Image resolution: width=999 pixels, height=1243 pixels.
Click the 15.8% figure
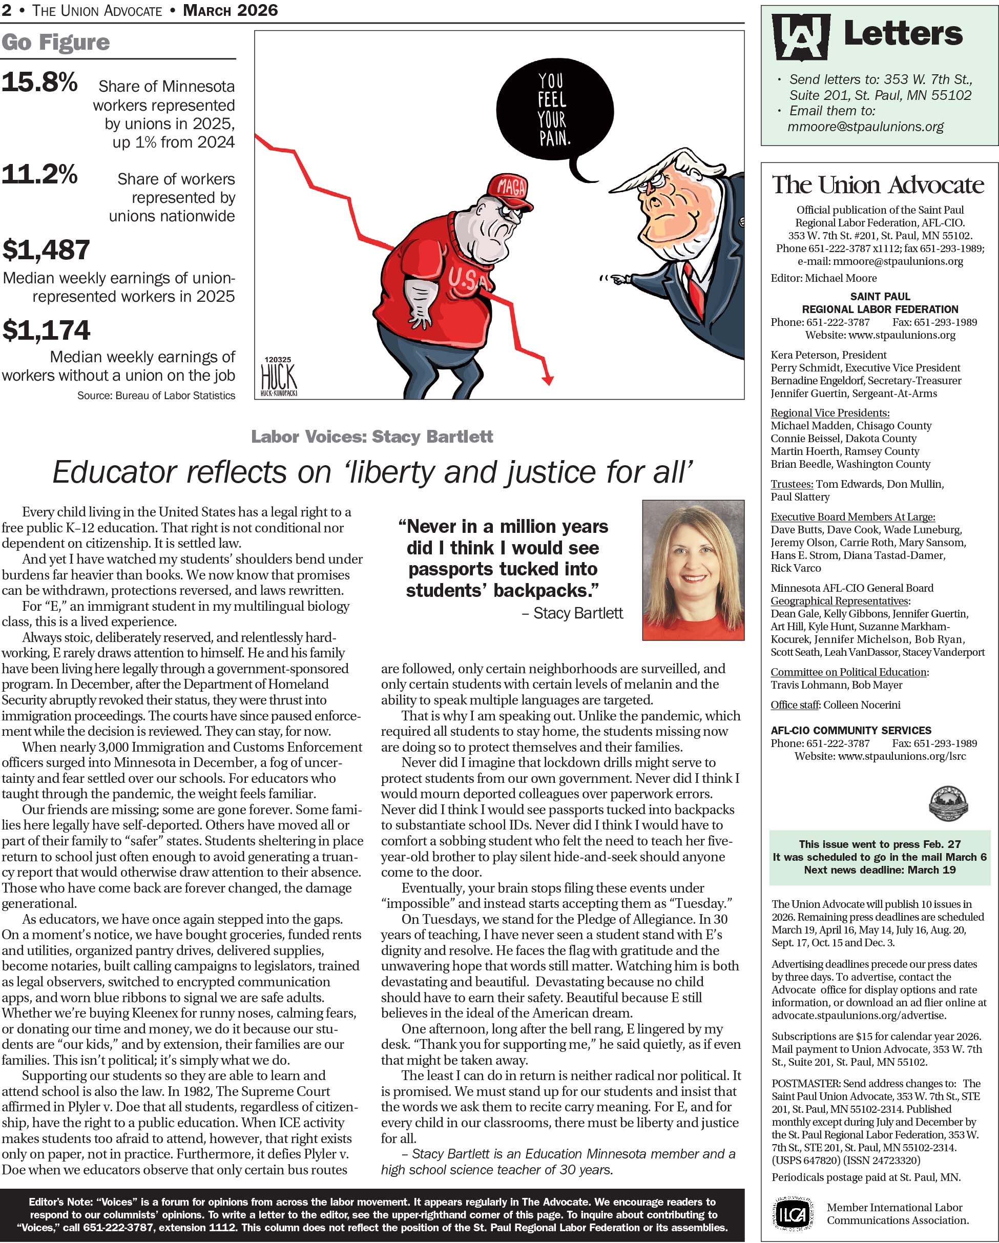coord(39,82)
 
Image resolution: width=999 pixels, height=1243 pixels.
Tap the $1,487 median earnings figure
coord(46,250)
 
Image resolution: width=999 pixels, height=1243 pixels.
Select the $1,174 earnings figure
coord(46,330)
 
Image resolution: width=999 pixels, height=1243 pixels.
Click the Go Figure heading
coord(55,42)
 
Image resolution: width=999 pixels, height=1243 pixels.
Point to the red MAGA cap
coord(510,190)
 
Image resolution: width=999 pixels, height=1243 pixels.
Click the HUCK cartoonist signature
coord(278,378)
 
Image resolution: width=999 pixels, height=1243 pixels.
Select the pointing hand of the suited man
coord(618,280)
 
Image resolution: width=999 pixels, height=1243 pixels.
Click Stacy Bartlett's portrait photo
coord(693,570)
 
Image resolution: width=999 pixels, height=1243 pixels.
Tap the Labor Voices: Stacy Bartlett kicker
coord(372,437)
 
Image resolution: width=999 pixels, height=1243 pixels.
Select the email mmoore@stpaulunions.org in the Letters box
coord(865,127)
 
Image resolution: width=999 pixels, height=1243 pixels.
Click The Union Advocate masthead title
coord(878,185)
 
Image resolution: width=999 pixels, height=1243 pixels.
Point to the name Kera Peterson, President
coord(828,355)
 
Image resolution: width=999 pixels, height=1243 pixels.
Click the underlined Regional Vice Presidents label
coord(829,413)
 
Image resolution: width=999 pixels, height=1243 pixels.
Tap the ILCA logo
coord(792,1213)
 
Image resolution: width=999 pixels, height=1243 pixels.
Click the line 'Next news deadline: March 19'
coord(879,870)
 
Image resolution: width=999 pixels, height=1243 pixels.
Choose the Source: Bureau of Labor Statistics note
coord(156,396)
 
